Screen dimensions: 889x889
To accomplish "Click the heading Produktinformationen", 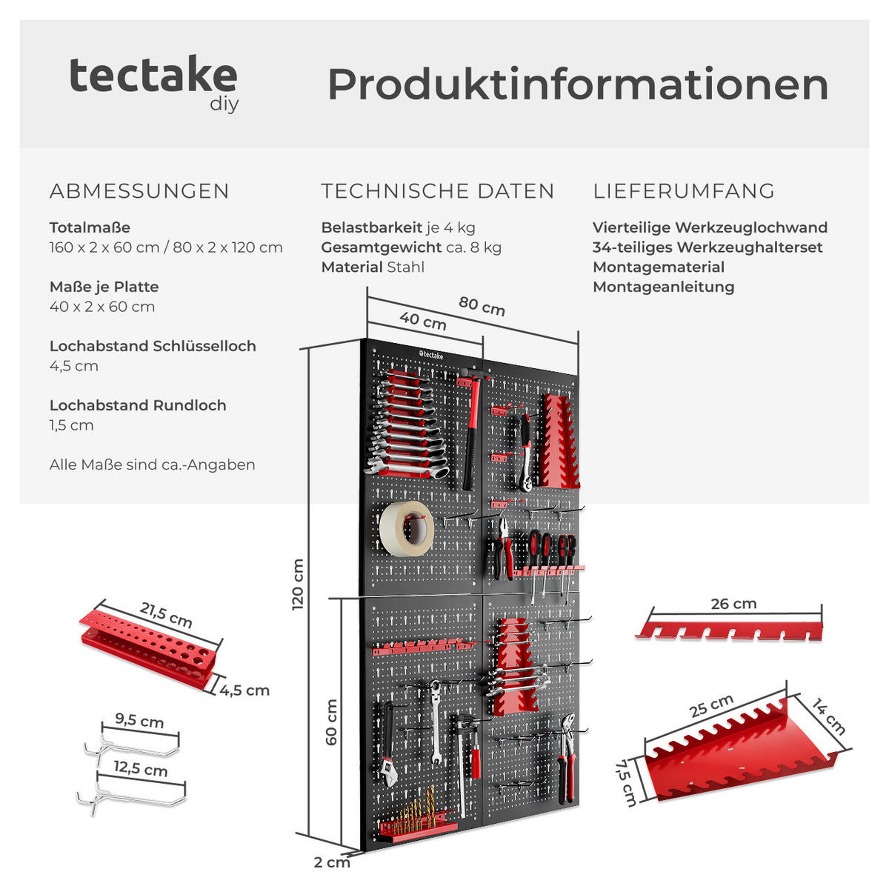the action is (578, 84).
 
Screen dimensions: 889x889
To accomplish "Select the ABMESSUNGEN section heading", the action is (139, 191).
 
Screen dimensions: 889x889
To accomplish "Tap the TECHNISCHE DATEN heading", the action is (437, 191).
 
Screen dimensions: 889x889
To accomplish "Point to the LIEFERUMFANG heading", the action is (684, 191).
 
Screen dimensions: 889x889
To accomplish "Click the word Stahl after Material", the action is (405, 267).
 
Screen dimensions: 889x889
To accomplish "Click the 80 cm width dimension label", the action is (482, 306).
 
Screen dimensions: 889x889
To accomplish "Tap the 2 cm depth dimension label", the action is (332, 862).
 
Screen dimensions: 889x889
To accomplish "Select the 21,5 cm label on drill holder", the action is (166, 616).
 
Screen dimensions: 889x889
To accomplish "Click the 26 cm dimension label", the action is (733, 604).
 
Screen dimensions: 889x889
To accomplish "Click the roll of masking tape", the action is (407, 529).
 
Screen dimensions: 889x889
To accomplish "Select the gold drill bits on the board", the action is (418, 810).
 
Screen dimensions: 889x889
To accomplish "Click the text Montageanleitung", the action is (663, 287).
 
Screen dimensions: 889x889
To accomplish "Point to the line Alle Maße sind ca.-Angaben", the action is (153, 465).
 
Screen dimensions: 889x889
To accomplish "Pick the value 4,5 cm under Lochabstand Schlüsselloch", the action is (74, 366).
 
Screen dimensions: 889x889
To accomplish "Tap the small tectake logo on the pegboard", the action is (431, 354).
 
